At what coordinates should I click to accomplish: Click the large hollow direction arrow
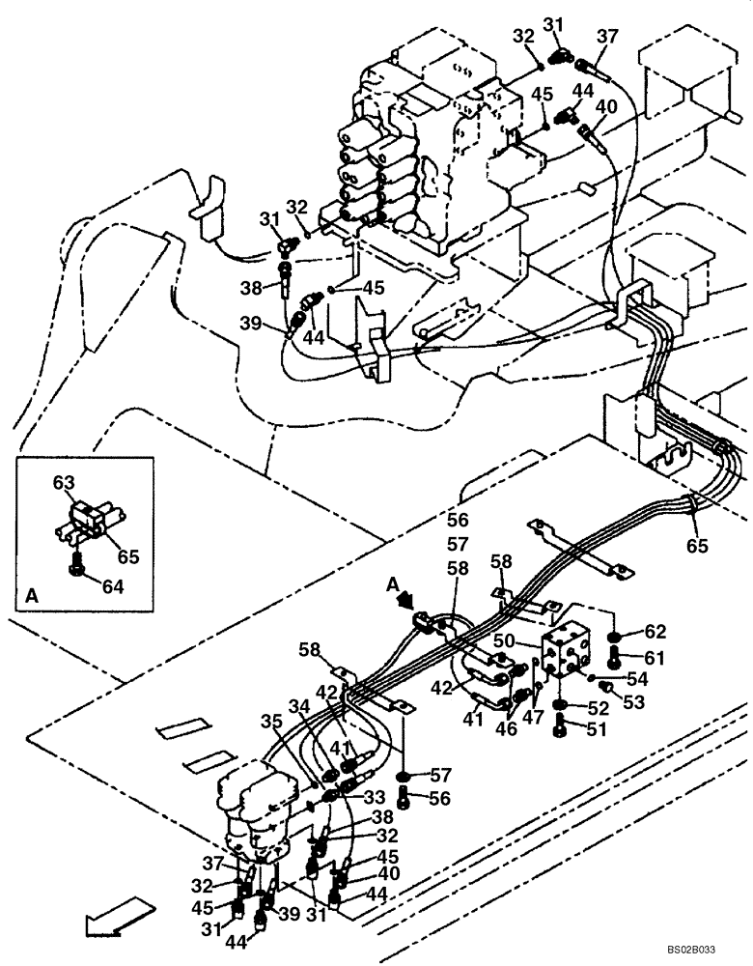[118, 918]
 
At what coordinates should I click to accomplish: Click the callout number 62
[655, 634]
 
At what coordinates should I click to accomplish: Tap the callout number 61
[655, 658]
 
